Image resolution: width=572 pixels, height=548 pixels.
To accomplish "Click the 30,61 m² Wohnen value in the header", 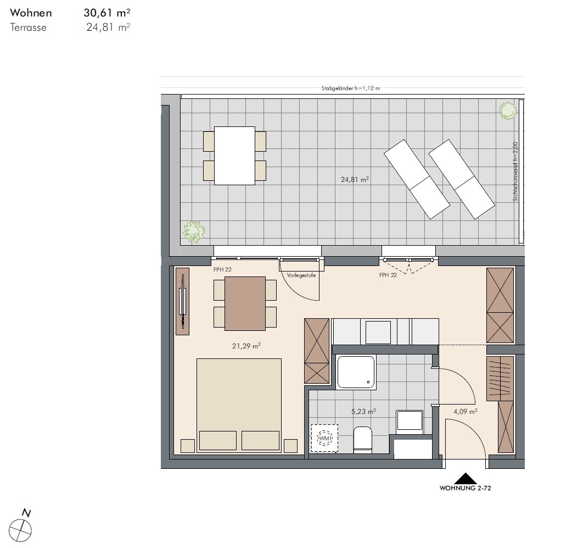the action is pos(107,13).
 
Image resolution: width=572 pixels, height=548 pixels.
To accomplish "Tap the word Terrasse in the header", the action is pos(28,27).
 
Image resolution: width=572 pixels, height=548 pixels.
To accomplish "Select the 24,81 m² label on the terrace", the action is pos(355,179).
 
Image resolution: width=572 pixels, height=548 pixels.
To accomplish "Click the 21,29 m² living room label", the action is pos(246,346).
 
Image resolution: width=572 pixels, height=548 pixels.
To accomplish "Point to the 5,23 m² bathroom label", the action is pos(363,411).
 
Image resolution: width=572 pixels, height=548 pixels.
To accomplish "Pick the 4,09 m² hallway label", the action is pos(465,411).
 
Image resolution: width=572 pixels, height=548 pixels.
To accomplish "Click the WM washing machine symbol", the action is pos(324,438).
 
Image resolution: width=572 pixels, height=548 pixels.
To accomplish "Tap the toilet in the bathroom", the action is pos(363,440).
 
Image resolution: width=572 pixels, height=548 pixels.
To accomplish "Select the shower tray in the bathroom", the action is pos(356,372).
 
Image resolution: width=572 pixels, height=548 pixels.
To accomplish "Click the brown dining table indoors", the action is pos(245,303).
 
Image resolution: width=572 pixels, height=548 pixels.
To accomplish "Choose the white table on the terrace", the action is pos(234,156).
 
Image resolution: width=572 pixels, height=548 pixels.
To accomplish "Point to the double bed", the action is pos(239,406).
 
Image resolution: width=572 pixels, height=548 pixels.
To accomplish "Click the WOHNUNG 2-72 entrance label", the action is pos(465,488).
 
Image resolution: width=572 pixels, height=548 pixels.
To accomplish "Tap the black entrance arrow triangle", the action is pos(465,479).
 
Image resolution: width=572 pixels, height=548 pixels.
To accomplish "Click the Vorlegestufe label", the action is pos(301,275).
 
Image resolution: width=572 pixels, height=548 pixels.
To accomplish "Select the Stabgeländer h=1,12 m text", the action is pos(351,88).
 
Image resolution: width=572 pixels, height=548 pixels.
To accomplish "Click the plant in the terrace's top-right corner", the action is pos(508,110).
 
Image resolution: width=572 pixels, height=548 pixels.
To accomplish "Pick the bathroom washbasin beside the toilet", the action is pos(410,420).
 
